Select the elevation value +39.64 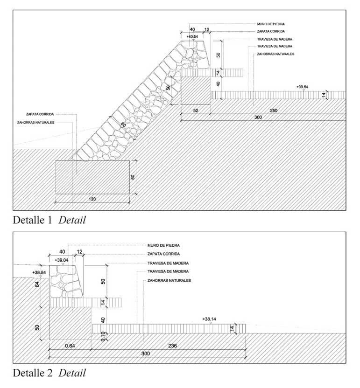coord(304,87)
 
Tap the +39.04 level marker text coord(62,260)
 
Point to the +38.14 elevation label coord(210,319)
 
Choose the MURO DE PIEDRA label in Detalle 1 coord(271,23)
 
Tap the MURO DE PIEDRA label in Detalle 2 coord(164,245)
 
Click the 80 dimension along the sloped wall coord(123,125)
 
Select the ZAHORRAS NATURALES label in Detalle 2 coord(169,280)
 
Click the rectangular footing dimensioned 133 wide coord(92,177)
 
